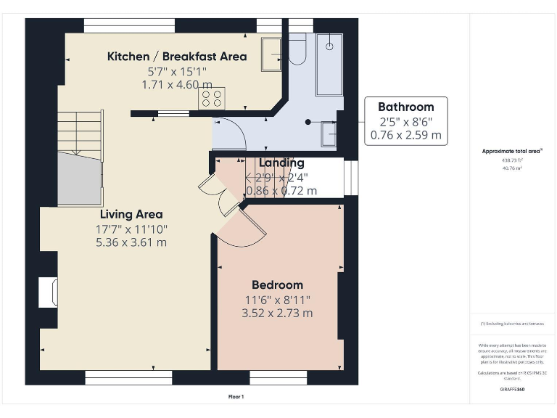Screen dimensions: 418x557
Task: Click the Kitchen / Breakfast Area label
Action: tap(177, 57)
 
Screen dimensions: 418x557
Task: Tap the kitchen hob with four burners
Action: tap(213, 98)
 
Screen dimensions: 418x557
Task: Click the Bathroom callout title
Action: tap(405, 107)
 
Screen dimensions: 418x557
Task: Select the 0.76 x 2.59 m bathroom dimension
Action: tap(405, 135)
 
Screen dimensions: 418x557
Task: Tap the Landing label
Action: tap(281, 163)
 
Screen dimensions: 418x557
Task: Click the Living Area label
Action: tap(131, 214)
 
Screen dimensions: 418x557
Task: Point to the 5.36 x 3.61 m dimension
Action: tap(131, 242)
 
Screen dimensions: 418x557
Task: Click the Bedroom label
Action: tap(277, 284)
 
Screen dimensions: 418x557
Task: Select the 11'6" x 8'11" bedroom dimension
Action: tap(277, 299)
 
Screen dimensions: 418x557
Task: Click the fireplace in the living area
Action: tap(49, 292)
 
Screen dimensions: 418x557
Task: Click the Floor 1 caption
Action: tap(236, 397)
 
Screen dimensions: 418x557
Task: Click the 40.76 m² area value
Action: tap(512, 168)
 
